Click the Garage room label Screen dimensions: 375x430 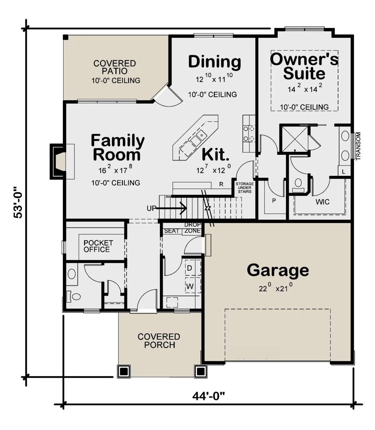pos(277,271)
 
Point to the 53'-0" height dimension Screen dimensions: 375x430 pos(18,202)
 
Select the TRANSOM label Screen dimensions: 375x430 pos(358,146)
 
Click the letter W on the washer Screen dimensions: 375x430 pos(190,286)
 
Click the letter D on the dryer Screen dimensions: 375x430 pos(189,268)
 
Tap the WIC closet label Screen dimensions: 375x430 pos(322,202)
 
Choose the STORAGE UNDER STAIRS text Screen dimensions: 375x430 pos(245,187)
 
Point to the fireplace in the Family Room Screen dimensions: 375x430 pos(58,162)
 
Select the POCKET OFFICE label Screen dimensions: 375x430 pos(98,246)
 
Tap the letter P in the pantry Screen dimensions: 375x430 pos(274,201)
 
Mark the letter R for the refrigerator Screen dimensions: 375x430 pos(221,184)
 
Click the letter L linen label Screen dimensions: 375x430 pos(343,172)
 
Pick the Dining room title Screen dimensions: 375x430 pos(214,62)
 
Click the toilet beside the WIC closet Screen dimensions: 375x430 pos(298,185)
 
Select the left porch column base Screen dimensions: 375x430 pos(124,372)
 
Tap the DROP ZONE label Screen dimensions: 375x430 pos(193,228)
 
